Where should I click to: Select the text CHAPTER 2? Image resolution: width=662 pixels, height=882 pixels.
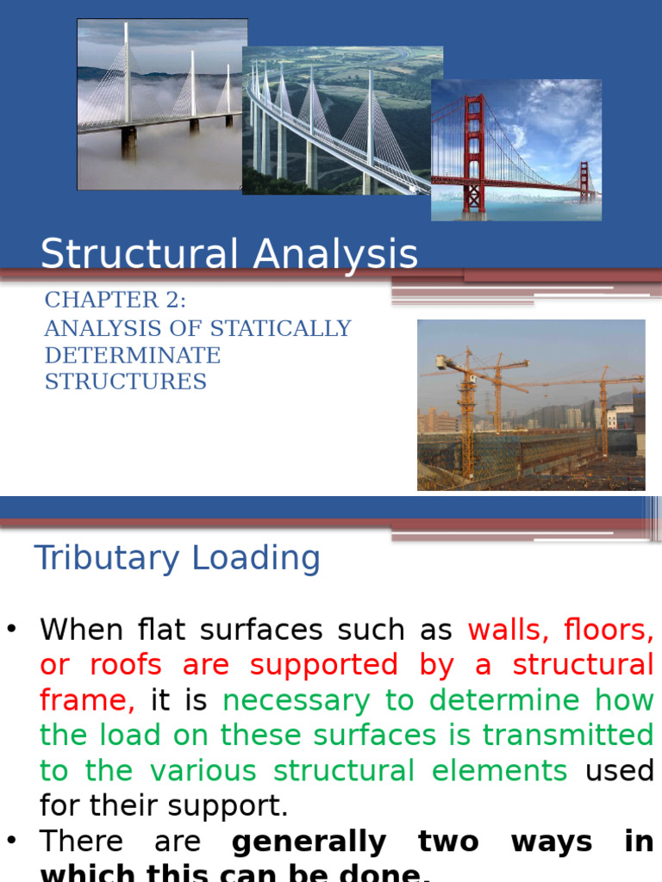tap(115, 301)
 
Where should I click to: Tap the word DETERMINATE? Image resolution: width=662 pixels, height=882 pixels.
tap(133, 355)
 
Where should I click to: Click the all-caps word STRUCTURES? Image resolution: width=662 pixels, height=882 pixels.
tap(126, 382)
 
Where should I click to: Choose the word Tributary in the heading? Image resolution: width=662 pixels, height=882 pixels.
tap(107, 558)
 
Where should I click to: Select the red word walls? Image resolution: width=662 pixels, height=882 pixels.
tap(509, 630)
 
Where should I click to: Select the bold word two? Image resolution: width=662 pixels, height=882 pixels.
tap(448, 841)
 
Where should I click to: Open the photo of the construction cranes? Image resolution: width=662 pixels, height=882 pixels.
tap(531, 405)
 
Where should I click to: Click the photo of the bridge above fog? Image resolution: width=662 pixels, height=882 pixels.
tap(162, 104)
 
